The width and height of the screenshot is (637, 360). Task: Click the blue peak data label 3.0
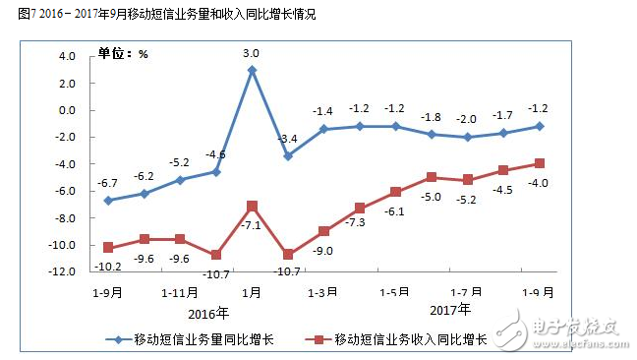(x=253, y=53)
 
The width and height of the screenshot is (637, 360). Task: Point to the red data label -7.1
(x=252, y=225)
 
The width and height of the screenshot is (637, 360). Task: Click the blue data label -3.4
(x=288, y=139)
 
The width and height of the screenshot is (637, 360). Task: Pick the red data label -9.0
(x=323, y=250)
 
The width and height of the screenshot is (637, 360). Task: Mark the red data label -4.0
(x=538, y=183)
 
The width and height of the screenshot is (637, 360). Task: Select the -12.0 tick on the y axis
(x=63, y=271)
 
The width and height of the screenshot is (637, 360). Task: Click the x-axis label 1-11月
(x=180, y=292)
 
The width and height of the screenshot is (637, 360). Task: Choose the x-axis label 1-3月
(x=323, y=292)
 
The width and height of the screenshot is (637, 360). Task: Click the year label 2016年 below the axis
(x=207, y=314)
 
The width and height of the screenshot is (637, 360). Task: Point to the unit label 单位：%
(x=121, y=53)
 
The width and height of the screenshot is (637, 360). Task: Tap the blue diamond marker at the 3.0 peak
(x=252, y=70)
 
